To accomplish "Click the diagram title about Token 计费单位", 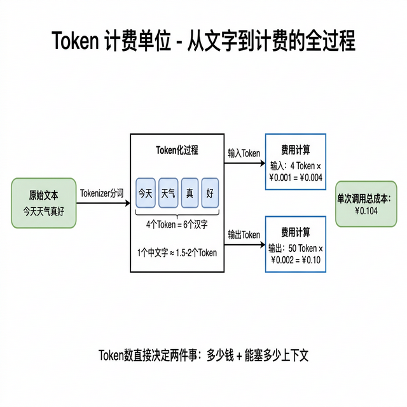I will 203,41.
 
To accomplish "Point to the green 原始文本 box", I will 43,203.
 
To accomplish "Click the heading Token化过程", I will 177,150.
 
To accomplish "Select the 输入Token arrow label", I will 244,153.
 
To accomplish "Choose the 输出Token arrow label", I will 244,235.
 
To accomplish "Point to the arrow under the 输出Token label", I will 244,245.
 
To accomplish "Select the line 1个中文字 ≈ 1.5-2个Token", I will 177,252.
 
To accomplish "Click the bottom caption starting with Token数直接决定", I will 203,355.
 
